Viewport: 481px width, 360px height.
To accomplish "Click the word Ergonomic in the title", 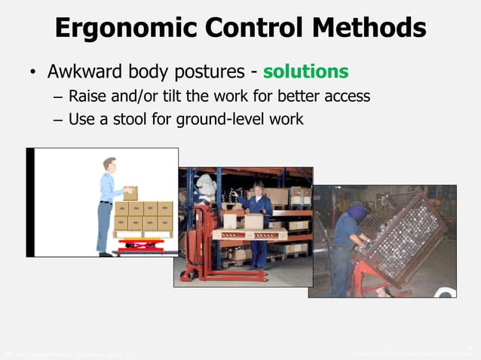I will (x=121, y=29).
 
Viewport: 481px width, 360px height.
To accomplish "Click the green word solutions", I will (x=305, y=72).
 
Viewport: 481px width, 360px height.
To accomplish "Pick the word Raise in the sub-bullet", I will (x=87, y=96).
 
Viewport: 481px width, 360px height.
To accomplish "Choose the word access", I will (x=346, y=97).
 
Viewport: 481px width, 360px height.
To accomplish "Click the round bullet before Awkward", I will (x=32, y=73).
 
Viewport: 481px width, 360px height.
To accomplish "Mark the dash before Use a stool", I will (x=59, y=120).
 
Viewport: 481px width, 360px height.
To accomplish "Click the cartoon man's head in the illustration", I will (x=110, y=163).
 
